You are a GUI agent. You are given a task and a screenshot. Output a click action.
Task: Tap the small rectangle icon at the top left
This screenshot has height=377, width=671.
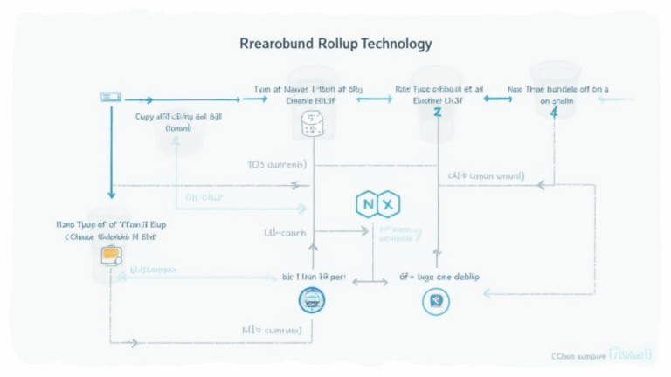110,95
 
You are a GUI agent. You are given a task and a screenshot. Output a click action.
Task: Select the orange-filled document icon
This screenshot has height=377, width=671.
111,255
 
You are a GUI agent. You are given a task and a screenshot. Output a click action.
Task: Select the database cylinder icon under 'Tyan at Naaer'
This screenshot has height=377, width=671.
311,125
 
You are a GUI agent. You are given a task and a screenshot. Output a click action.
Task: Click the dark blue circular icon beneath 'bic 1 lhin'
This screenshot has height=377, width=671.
312,299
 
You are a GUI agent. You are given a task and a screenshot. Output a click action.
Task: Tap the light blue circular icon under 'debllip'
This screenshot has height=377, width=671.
434,302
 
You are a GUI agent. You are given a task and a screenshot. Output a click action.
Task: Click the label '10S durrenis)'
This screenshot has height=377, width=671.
276,163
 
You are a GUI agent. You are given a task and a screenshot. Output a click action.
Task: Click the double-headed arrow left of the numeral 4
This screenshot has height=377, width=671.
497,99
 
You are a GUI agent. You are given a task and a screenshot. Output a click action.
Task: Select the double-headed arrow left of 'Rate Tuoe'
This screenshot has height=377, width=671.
373,99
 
